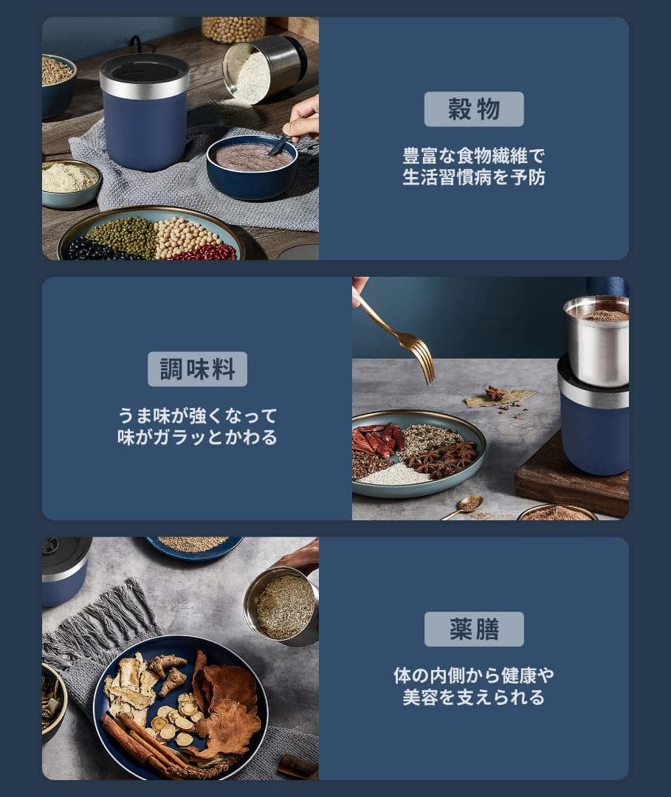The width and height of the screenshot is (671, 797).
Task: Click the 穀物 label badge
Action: pos(474,109)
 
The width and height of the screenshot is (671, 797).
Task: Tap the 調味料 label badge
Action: pos(197,369)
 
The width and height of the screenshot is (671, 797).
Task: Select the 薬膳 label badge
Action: pos(474,629)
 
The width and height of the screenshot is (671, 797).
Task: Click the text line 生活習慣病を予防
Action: pos(474,179)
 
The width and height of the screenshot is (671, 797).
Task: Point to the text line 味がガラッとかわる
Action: pos(197,438)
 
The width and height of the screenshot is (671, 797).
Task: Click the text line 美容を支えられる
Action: pos(474,697)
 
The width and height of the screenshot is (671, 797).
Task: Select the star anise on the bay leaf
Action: pos(495,393)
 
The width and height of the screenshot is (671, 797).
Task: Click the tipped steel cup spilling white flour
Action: pos(262,70)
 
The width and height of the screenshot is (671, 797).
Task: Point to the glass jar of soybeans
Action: pos(233,30)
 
